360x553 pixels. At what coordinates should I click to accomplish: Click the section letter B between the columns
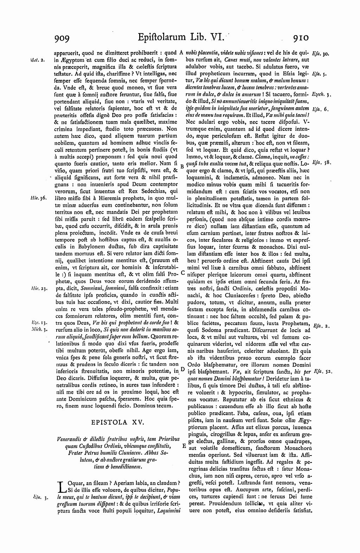point(182,166)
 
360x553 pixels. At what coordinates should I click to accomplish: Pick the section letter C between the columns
point(182,273)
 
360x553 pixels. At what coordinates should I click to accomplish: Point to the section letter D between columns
point(182,369)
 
